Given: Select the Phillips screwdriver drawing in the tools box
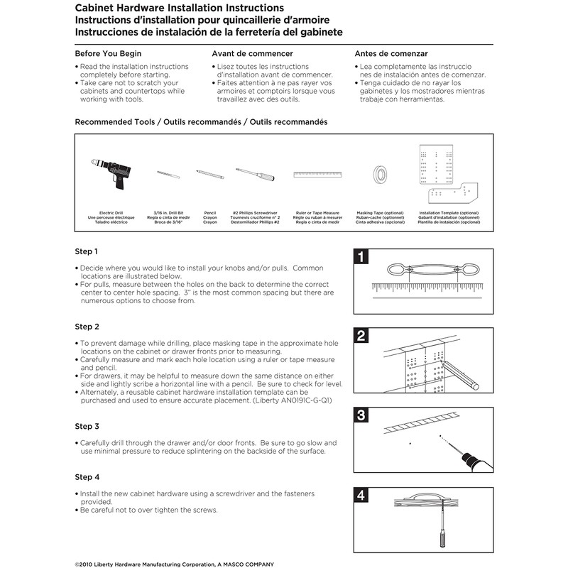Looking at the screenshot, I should [x=256, y=173].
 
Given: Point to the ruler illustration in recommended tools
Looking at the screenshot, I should [x=317, y=174].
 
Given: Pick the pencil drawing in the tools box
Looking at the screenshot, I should [x=210, y=172].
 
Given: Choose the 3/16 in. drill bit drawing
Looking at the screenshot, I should [x=165, y=173].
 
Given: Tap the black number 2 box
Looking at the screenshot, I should [x=361, y=336].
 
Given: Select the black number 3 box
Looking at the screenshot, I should [x=361, y=416].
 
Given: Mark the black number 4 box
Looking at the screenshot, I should [x=361, y=496].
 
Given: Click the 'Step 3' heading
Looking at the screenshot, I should [x=87, y=427].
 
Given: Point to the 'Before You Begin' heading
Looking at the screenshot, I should [x=108, y=54].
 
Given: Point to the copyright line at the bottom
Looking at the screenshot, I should [x=164, y=563].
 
